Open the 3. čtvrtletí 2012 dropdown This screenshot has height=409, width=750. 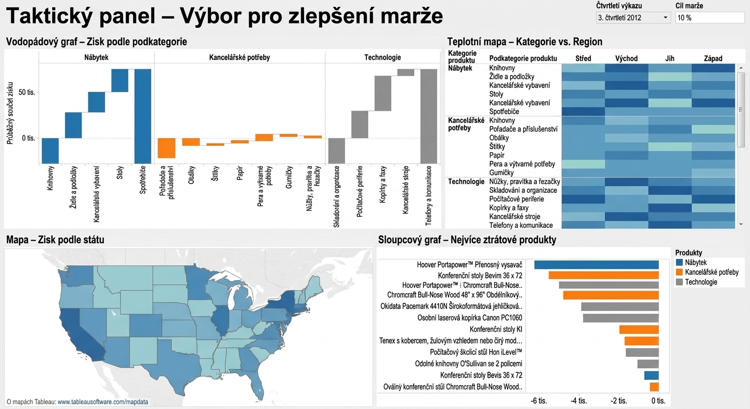(633, 18)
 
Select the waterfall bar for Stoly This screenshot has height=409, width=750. (119, 80)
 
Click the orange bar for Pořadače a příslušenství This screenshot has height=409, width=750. (166, 148)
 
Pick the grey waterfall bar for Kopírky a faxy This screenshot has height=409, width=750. (382, 93)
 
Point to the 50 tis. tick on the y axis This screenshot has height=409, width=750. (27, 92)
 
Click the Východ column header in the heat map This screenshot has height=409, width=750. (626, 59)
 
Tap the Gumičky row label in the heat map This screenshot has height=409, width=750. (501, 173)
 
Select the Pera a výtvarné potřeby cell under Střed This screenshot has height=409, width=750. (583, 164)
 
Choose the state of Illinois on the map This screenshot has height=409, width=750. (221, 320)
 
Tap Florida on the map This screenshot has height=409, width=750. (256, 385)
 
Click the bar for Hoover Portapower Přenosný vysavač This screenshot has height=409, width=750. (596, 265)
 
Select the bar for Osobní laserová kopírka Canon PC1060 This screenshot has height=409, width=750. (621, 318)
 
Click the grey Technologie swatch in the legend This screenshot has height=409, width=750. (679, 282)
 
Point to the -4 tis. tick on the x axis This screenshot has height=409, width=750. (578, 400)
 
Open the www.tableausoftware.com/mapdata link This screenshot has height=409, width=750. (103, 402)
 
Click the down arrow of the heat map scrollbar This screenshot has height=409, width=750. (740, 224)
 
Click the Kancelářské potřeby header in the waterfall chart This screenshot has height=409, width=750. (239, 57)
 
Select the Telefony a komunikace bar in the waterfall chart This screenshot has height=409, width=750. (429, 116)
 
